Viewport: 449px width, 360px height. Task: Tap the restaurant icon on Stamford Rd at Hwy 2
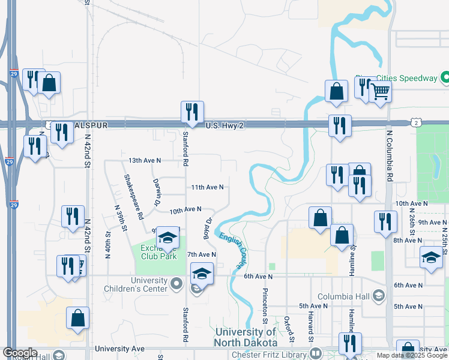pos(192,112)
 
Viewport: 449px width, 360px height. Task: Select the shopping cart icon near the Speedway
pos(380,93)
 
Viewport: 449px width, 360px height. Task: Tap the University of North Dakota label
pos(246,337)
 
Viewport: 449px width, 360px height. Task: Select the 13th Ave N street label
pos(145,161)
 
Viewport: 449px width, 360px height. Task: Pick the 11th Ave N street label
pos(207,187)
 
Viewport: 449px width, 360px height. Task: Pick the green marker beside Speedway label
pos(445,78)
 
